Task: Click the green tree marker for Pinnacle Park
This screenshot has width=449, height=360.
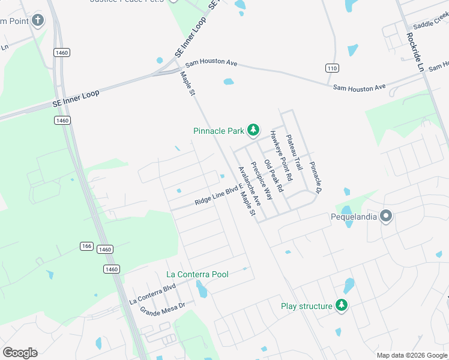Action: (x=253, y=130)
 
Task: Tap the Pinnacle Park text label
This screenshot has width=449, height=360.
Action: (x=218, y=131)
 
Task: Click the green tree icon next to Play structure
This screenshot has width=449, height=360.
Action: (x=342, y=306)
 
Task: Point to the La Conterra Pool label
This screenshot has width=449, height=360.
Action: (x=197, y=274)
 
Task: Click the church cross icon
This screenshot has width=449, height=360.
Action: (x=37, y=21)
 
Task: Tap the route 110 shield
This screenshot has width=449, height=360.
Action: (x=331, y=68)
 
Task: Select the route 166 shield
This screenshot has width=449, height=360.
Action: (x=87, y=246)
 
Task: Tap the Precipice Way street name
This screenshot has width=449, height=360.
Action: (x=262, y=180)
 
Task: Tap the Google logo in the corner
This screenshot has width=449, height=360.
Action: (x=20, y=352)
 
